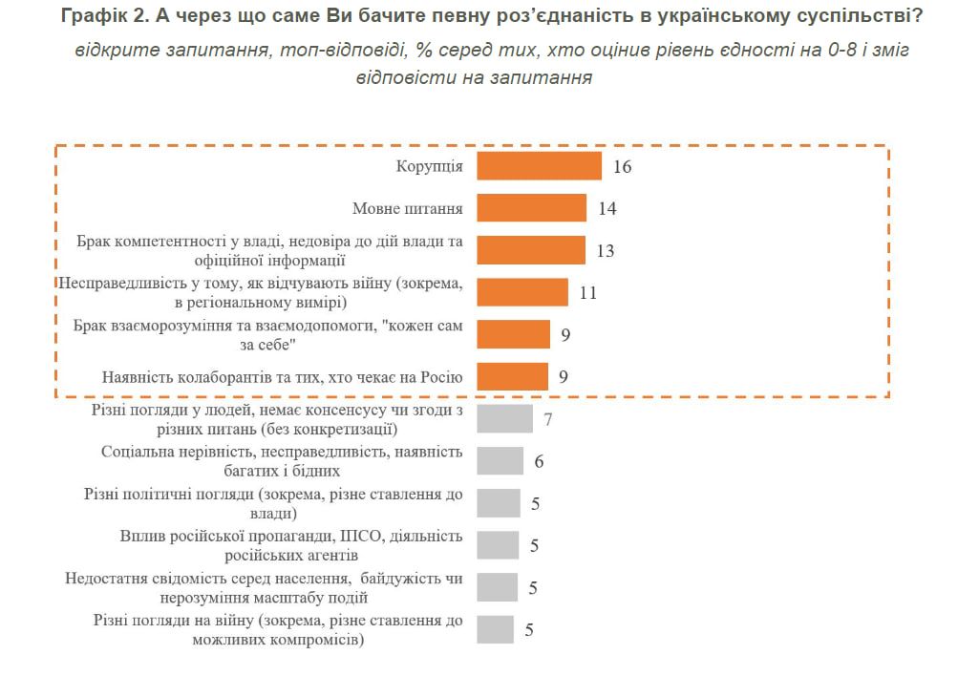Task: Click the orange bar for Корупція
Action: (539, 166)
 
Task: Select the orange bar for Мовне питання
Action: (531, 208)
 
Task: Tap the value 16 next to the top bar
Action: (623, 167)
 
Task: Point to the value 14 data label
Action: (607, 209)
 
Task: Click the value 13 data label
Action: (606, 251)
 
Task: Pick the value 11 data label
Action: (588, 293)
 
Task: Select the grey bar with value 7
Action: (504, 419)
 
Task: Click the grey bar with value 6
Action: (500, 461)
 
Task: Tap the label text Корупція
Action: (430, 167)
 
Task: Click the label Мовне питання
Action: (408, 209)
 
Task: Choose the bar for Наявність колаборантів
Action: (512, 376)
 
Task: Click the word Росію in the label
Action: (442, 377)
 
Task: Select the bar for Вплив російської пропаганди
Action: (498, 545)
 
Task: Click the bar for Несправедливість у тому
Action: (522, 292)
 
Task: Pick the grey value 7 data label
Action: (548, 419)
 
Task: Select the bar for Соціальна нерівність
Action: (500, 461)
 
